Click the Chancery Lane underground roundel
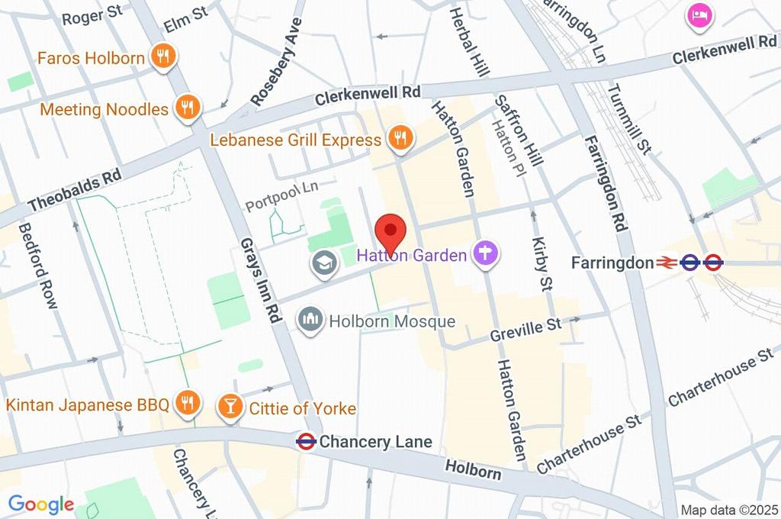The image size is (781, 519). click(306, 441)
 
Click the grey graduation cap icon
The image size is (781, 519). click(324, 265)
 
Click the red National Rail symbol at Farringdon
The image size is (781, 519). click(667, 263)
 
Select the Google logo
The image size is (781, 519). click(40, 504)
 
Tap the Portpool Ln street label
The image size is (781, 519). click(280, 196)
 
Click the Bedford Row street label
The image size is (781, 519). click(39, 266)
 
